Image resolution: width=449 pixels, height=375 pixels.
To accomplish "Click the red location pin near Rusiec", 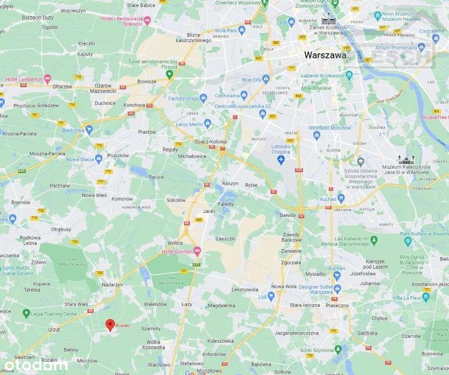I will [x=110, y=325].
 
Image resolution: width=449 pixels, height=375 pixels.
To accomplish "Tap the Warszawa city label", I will [x=325, y=55].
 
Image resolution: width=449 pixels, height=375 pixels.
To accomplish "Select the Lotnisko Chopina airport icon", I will [x=281, y=160].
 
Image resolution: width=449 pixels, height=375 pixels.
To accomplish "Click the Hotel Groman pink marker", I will [x=197, y=251].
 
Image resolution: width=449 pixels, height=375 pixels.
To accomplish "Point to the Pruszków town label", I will [x=118, y=155].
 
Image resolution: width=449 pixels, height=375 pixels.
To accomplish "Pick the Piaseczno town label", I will [x=337, y=305].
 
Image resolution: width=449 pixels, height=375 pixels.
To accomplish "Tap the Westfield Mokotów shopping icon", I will [x=316, y=136].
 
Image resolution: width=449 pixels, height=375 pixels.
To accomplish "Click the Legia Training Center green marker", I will [x=26, y=313].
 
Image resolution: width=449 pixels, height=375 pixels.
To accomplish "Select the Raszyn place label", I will [x=230, y=184].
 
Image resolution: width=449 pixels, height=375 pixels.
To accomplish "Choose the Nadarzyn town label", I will [x=112, y=284].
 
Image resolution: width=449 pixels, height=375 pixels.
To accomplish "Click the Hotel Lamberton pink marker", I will [x=47, y=79].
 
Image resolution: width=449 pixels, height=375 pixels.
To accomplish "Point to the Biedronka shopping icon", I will [x=89, y=130].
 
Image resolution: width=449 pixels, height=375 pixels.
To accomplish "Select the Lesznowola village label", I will [x=245, y=290].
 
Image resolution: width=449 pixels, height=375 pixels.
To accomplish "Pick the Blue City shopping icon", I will [x=266, y=79].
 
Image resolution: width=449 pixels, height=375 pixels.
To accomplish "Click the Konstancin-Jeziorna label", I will [x=430, y=284].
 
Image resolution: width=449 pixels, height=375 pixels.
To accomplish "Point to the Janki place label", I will [x=209, y=211].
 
